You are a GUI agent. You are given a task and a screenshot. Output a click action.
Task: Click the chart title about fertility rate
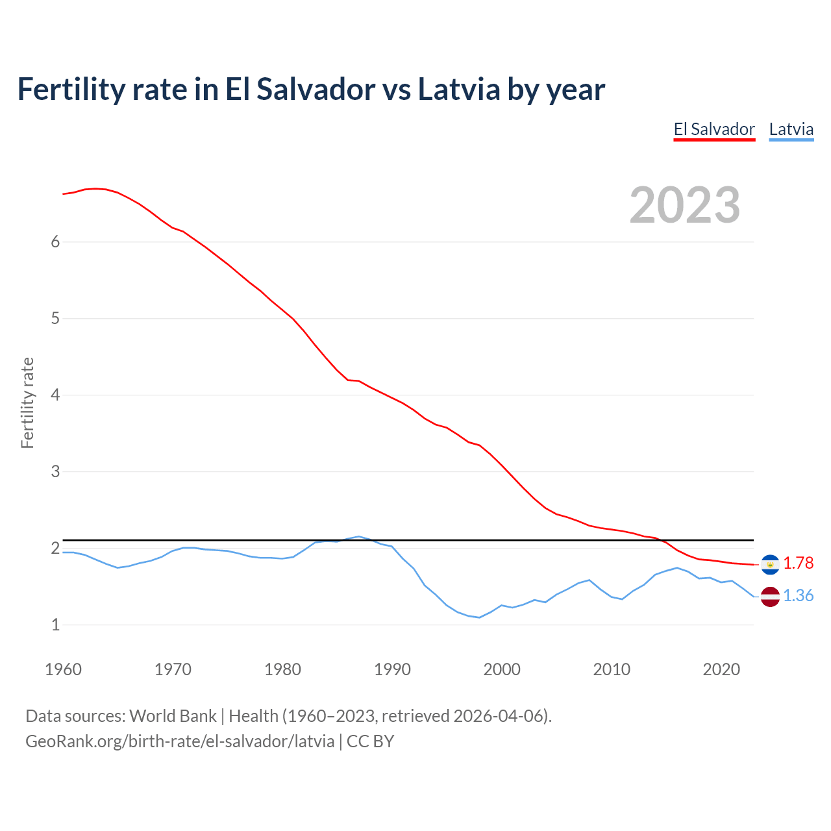pyautogui.click(x=311, y=89)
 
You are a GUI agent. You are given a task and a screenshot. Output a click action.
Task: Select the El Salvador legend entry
pyautogui.click(x=714, y=129)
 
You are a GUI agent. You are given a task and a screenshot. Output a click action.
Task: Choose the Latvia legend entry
pyautogui.click(x=791, y=129)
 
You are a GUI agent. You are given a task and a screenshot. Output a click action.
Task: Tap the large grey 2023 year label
pyautogui.click(x=685, y=205)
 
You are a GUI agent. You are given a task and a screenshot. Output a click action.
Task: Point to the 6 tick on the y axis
pyautogui.click(x=55, y=242)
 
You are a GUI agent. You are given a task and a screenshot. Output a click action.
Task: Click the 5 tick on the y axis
pyautogui.click(x=55, y=318)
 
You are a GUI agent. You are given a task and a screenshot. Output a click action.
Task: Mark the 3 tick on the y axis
pyautogui.click(x=55, y=471)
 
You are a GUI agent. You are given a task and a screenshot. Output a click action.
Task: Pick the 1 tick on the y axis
pyautogui.click(x=55, y=625)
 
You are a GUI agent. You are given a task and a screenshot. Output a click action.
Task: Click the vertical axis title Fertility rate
pyautogui.click(x=27, y=403)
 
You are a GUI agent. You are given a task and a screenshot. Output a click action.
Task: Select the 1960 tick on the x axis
pyautogui.click(x=63, y=669)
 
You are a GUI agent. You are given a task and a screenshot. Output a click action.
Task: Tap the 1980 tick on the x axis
pyautogui.click(x=282, y=669)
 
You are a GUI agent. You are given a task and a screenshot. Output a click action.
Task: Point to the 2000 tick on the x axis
pyautogui.click(x=502, y=669)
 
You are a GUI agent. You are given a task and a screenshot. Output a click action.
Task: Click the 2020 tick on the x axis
pyautogui.click(x=721, y=669)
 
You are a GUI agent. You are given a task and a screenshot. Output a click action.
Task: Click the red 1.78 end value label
pyautogui.click(x=798, y=563)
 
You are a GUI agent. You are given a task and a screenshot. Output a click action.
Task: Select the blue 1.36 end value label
pyautogui.click(x=798, y=595)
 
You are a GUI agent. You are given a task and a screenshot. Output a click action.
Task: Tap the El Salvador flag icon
pyautogui.click(x=770, y=565)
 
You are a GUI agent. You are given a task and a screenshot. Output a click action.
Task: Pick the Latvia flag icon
pyautogui.click(x=770, y=596)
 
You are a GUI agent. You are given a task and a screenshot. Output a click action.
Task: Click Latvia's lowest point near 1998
pyautogui.click(x=479, y=617)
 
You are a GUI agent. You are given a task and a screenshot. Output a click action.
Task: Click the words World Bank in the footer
pyautogui.click(x=173, y=716)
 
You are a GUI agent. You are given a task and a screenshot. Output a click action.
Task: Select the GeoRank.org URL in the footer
pyautogui.click(x=180, y=741)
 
